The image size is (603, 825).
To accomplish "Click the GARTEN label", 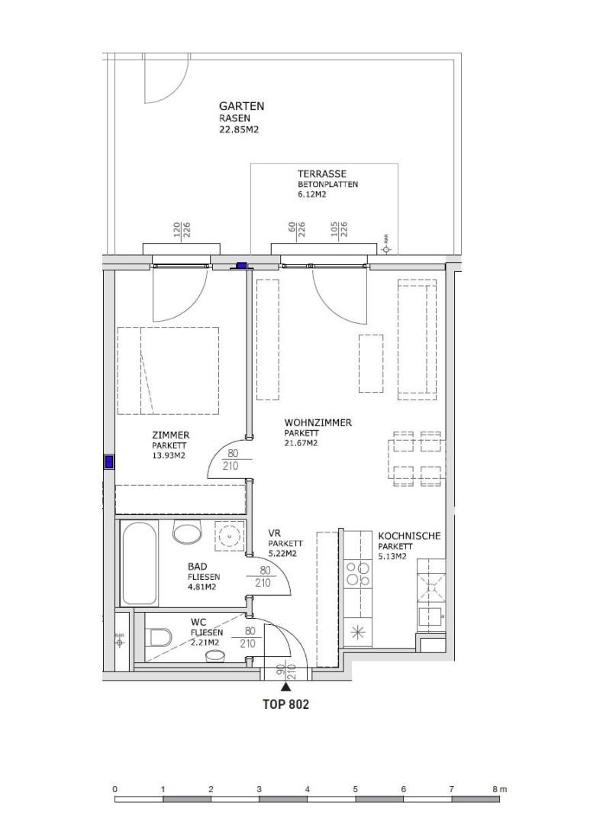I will point(241,106).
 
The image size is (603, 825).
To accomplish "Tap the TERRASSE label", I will point(322,174).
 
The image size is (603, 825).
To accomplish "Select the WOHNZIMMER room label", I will point(318,422).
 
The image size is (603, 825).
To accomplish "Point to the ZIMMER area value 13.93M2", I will point(169,456).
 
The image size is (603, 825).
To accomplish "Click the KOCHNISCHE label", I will point(409,536).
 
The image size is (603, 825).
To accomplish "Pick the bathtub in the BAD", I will point(138,562).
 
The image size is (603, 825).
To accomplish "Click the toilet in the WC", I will point(159,636).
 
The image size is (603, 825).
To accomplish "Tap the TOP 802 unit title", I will point(286,705).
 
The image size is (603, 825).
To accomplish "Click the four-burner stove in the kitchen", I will point(358,573).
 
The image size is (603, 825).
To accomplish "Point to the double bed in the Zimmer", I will point(168,371).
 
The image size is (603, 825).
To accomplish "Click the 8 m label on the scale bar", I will point(500,788).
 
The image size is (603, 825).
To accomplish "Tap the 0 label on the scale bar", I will point(114,788).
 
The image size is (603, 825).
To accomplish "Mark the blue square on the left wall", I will point(109,461).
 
